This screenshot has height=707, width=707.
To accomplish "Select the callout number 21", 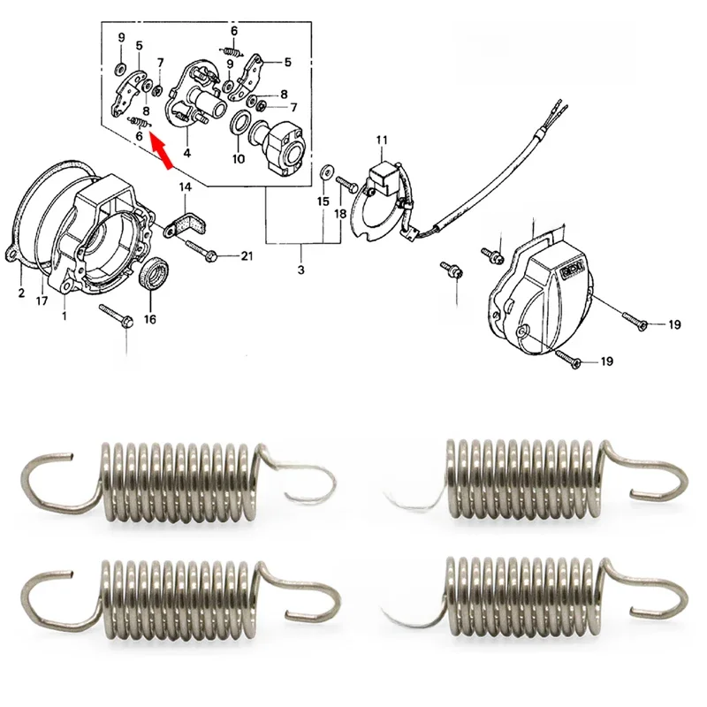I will (247, 256).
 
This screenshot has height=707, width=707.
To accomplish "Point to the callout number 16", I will (148, 319).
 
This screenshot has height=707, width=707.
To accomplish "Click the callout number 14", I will (186, 187).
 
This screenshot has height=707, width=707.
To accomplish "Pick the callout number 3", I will (300, 269).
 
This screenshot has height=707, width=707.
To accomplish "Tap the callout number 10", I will (238, 160).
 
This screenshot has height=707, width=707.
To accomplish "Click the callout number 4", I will (186, 153).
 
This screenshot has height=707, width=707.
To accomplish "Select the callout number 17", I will (42, 300).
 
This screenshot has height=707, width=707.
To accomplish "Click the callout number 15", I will (323, 201).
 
